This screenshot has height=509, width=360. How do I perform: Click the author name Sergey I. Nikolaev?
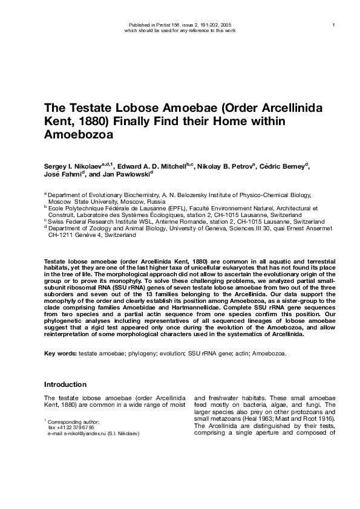[x=73, y=166]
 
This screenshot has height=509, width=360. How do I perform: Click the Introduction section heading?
[x=65, y=384]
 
